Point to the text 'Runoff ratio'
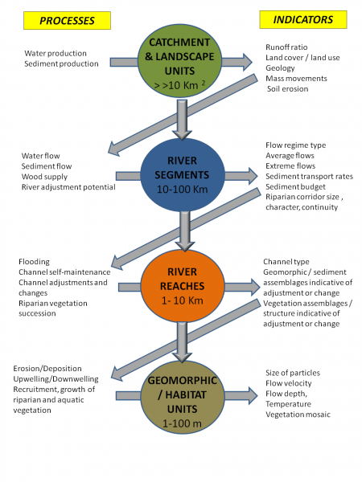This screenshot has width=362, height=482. point(286,47)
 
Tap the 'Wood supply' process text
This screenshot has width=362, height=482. point(46,177)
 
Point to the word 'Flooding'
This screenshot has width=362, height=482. point(35,261)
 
